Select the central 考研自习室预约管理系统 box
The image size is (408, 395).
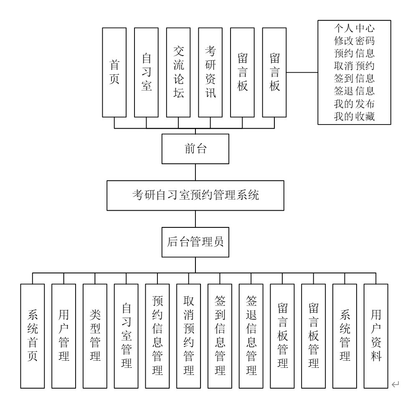pos(195,196)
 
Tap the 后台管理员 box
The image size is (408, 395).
pos(195,242)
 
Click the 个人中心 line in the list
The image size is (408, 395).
pos(354,30)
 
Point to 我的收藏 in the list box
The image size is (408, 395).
pos(354,117)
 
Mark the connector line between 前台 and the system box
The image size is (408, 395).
pos(195,172)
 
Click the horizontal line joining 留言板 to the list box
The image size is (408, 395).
pos(302,72)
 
